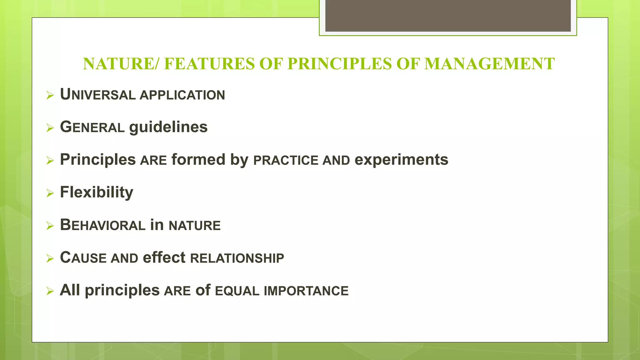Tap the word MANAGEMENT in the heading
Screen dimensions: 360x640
pyautogui.click(x=489, y=64)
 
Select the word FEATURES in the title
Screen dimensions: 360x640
pyautogui.click(x=209, y=64)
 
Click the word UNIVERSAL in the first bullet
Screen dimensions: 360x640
pyautogui.click(x=97, y=95)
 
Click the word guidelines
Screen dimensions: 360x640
pyautogui.click(x=168, y=127)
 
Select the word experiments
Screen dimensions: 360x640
pyautogui.click(x=401, y=160)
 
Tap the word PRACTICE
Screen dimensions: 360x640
pyautogui.click(x=286, y=161)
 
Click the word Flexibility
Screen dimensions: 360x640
pyautogui.click(x=96, y=192)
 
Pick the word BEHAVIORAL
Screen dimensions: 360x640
pyautogui.click(x=102, y=225)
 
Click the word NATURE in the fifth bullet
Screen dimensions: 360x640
pyautogui.click(x=194, y=226)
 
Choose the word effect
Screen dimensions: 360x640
pyautogui.click(x=164, y=258)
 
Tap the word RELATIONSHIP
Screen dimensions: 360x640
pyautogui.click(x=237, y=258)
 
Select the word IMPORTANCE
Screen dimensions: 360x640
pyautogui.click(x=306, y=291)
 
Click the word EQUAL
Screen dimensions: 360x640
pyautogui.click(x=237, y=291)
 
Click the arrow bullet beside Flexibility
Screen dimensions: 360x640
pyautogui.click(x=50, y=193)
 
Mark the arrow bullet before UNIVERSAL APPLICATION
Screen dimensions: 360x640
pyautogui.click(x=50, y=95)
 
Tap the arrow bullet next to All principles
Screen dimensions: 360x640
pyautogui.click(x=50, y=291)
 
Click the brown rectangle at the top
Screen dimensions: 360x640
pyautogui.click(x=448, y=16)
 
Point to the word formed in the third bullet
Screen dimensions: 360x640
pyautogui.click(x=198, y=160)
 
